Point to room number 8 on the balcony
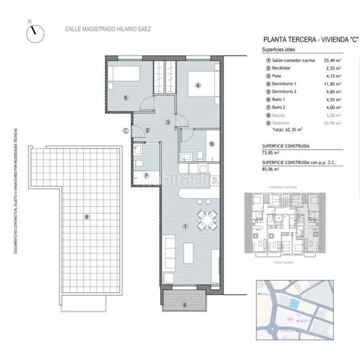(x=185, y=305)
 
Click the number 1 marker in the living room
(x=185, y=226)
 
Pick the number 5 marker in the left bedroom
(x=126, y=97)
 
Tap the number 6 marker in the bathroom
(x=211, y=144)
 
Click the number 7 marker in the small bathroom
(x=146, y=175)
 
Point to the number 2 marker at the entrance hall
(x=148, y=130)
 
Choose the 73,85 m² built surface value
(x=272, y=153)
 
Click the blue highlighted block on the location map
(x=293, y=305)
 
